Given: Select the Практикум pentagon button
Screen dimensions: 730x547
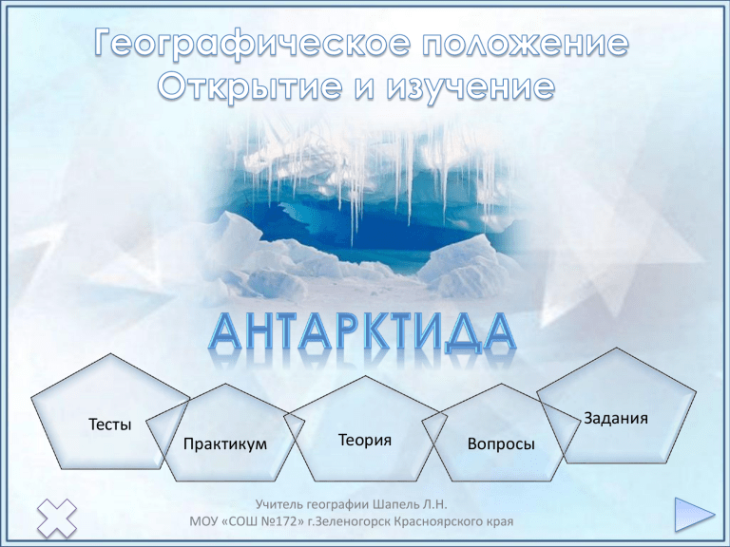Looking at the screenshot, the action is click(x=225, y=435).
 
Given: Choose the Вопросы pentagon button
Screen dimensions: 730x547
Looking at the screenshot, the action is click(x=501, y=435).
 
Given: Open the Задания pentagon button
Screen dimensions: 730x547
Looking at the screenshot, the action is click(x=616, y=408).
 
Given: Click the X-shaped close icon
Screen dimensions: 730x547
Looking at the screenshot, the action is click(x=57, y=518).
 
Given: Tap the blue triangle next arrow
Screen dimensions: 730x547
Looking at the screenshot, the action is click(x=694, y=515).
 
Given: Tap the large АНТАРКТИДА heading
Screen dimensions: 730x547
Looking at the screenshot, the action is click(x=362, y=332).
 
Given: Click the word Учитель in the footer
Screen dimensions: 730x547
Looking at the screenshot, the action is click(x=279, y=504).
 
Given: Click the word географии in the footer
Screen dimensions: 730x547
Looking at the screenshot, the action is click(x=338, y=505).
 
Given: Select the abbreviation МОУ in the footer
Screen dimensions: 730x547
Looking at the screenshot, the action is click(x=203, y=521).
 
